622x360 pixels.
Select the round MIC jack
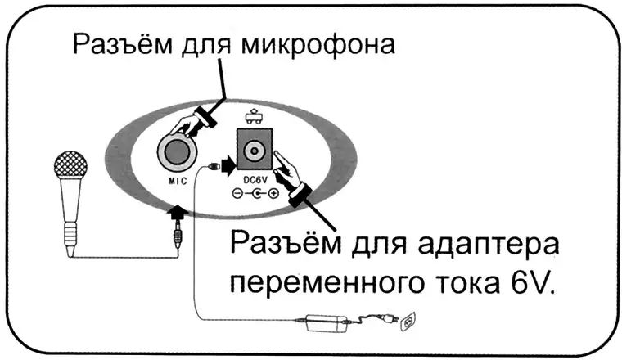178,151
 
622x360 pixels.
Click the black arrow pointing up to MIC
176,215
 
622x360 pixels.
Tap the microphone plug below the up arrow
177,239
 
